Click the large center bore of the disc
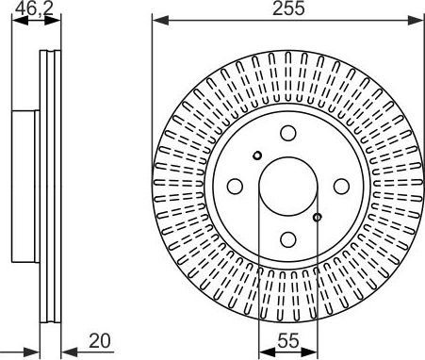point(287,186)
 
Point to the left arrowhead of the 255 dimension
point(156,20)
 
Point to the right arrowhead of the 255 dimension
point(419,20)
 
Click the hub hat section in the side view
point(25,186)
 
